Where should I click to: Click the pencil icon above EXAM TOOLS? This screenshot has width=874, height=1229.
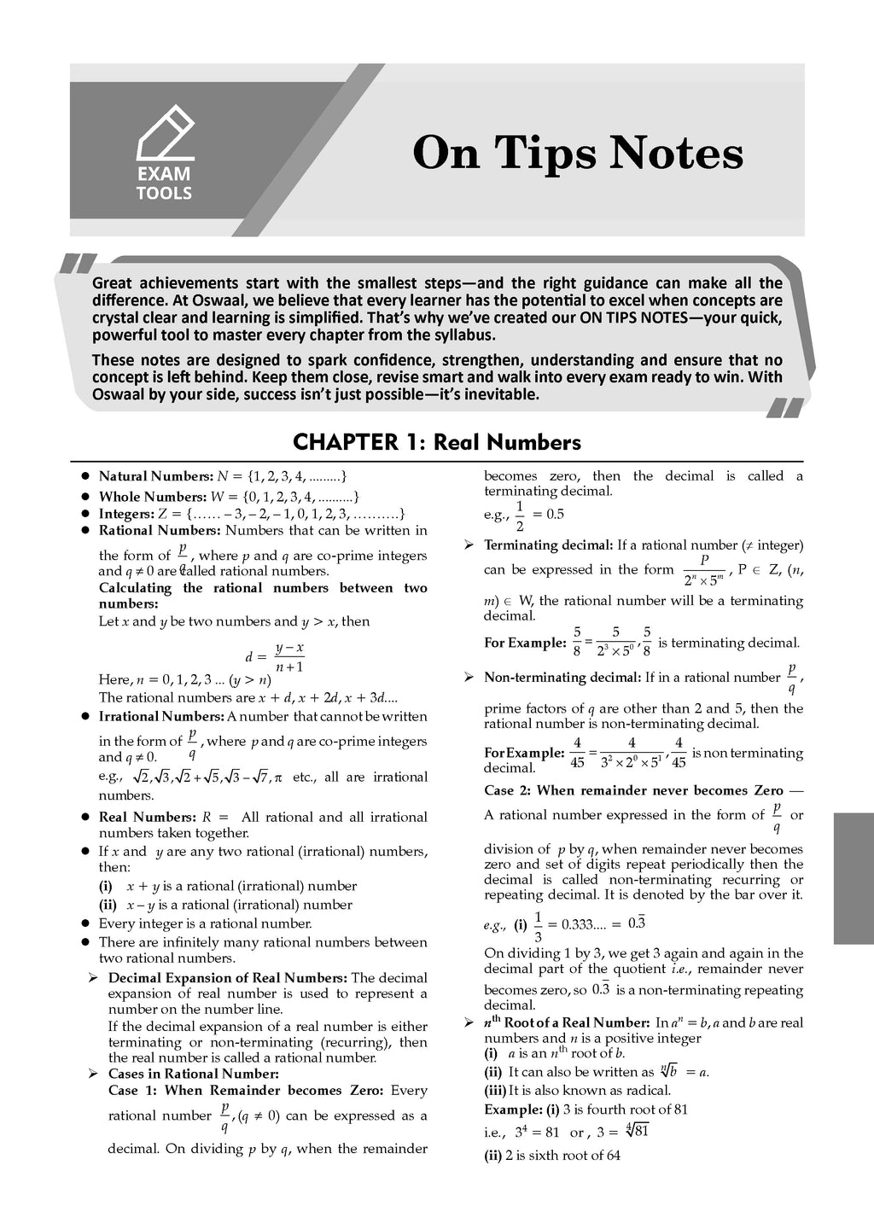[165, 131]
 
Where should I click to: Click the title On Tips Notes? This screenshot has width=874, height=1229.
[578, 154]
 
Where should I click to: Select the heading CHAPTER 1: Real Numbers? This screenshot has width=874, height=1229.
[436, 442]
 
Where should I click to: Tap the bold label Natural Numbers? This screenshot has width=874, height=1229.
[156, 476]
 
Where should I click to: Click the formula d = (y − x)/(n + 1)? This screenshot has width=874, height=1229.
[275, 657]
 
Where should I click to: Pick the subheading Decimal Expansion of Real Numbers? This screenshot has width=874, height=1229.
[227, 977]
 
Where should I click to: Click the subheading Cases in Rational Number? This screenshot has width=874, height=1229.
[194, 1074]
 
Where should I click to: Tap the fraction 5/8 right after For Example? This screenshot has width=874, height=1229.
[578, 642]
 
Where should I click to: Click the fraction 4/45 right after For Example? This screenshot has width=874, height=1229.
[577, 752]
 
